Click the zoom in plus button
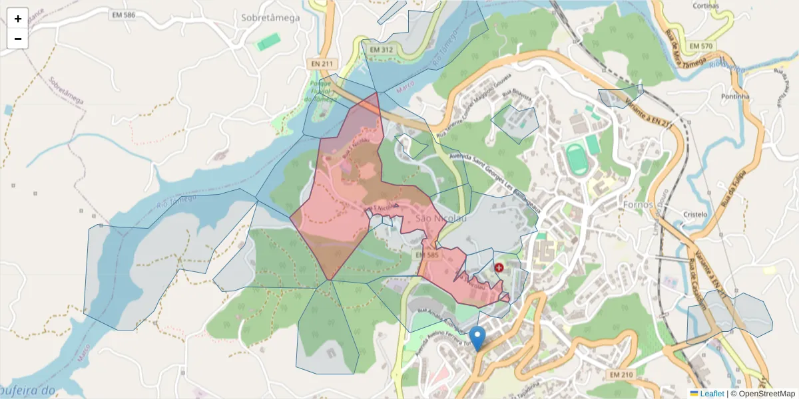[x=18, y=19]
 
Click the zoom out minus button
[x=18, y=39]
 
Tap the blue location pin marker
[x=477, y=338]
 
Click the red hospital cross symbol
[x=499, y=267]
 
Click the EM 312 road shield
[x=381, y=50]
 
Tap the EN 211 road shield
[x=321, y=63]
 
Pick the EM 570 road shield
[x=701, y=46]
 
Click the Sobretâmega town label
[x=270, y=18]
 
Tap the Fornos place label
[x=639, y=204]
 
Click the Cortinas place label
[x=705, y=5]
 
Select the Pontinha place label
[x=735, y=96]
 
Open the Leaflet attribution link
[x=712, y=394]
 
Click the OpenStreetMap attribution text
[x=766, y=394]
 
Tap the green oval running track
[x=577, y=160]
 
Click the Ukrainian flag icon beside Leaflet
[x=694, y=394]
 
